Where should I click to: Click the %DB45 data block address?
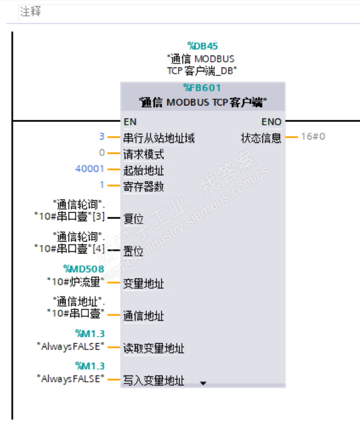pos(202,46)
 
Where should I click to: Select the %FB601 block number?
pos(202,88)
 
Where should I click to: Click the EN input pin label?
pos(130,121)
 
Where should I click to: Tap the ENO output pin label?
pos(271,121)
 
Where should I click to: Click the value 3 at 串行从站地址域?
pos(102,137)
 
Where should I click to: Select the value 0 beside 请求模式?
pos(102,153)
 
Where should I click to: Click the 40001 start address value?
pos(90,169)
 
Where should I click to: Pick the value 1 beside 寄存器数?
pos(102,185)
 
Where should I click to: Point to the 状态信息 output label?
pos(261,138)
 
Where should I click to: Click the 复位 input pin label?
pos(133,219)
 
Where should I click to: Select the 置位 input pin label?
pos(133,251)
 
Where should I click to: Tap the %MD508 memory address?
pos(84,269)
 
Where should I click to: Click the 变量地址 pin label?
pos(143,284)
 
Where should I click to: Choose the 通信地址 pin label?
pos(143,316)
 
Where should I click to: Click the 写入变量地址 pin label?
pos(154,381)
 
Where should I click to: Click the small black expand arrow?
pos(203,383)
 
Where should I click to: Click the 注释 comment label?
pos(31,11)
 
